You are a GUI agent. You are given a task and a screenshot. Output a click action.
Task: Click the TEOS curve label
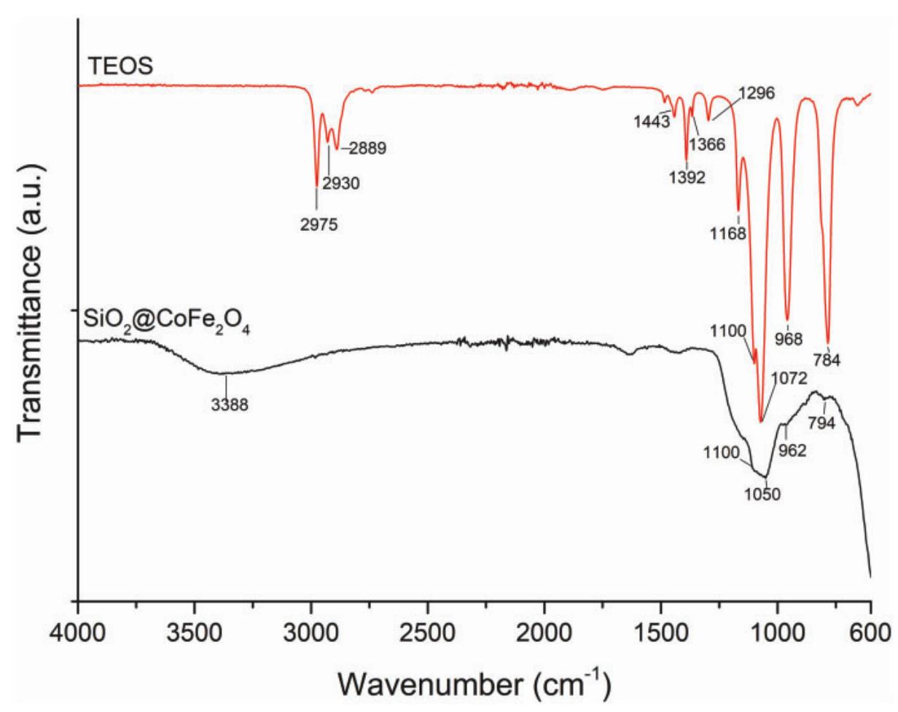coord(120,66)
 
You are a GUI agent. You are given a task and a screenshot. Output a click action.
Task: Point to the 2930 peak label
coord(341,184)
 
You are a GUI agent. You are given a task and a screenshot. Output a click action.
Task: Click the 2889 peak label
coord(367,149)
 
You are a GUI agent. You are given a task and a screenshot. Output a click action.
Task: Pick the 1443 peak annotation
coord(652,122)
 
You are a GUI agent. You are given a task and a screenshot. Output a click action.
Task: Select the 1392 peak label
coord(686,177)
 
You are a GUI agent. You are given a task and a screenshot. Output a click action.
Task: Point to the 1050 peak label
coord(762,494)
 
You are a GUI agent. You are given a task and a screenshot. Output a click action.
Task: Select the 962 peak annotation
coord(792,450)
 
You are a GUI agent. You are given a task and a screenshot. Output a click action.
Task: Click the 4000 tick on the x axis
coord(78,628)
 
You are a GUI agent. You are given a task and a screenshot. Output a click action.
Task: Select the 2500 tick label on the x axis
coord(427,628)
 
